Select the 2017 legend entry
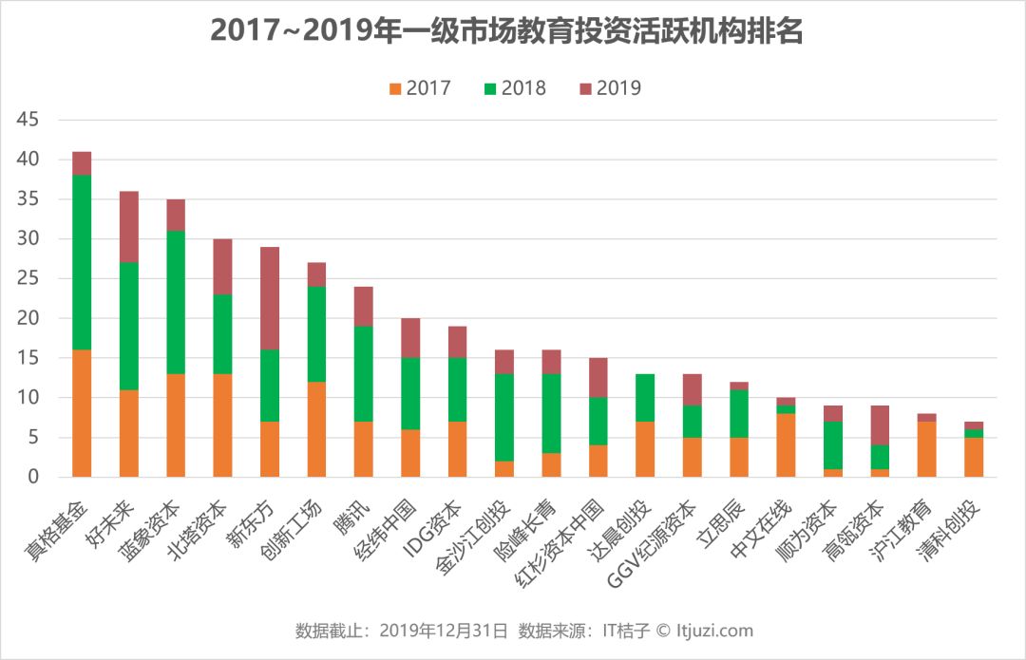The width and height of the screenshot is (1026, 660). coord(419,88)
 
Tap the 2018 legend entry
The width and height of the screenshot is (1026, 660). coord(514,88)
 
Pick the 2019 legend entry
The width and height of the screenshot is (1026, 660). coord(609,88)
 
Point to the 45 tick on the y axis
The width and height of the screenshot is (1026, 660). coord(28,121)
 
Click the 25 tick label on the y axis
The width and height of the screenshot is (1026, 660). coord(28,279)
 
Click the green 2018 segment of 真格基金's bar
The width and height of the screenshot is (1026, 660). coord(82,262)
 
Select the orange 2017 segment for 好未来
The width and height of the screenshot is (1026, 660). coord(129,433)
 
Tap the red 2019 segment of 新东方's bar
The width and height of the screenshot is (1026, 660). coord(270,298)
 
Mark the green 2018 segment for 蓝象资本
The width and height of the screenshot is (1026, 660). coord(176,302)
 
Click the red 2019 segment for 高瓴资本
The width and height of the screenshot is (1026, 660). coord(880,425)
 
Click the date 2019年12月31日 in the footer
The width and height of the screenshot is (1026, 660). coord(443,631)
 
